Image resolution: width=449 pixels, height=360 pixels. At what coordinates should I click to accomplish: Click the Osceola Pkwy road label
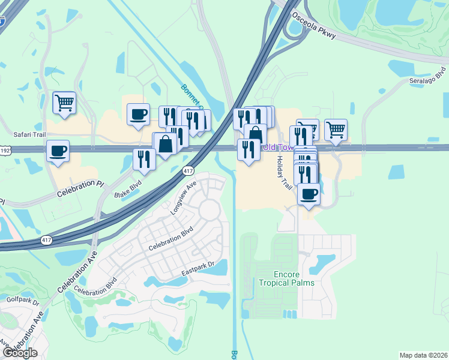click(x=313, y=26)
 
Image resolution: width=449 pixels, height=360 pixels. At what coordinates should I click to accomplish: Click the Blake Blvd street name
click(x=127, y=190)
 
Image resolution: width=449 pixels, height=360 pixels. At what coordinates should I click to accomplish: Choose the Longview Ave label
click(x=184, y=195)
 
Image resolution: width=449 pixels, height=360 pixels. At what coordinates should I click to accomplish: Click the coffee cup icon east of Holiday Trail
click(x=309, y=194)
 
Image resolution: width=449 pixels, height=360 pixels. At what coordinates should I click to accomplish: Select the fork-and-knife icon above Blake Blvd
click(x=144, y=158)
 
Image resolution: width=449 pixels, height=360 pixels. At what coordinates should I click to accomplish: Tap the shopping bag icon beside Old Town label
click(x=255, y=134)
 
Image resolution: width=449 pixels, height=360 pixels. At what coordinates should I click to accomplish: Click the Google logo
click(x=19, y=352)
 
